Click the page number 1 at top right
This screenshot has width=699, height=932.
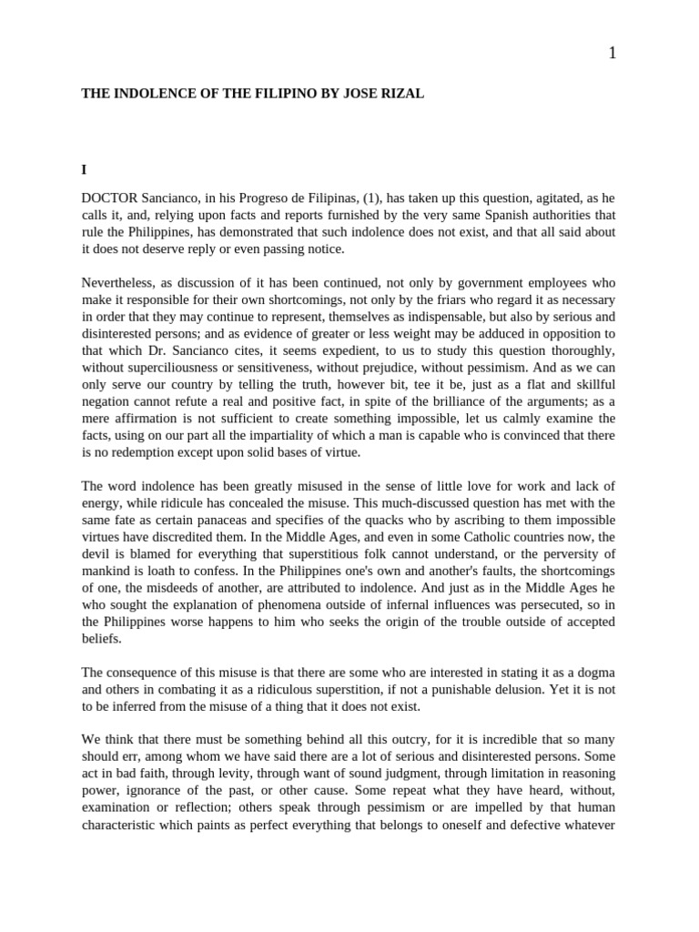click(x=613, y=53)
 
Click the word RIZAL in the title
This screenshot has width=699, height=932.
click(x=401, y=93)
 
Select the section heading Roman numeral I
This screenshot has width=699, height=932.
click(x=84, y=169)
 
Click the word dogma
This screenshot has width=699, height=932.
click(x=595, y=673)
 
